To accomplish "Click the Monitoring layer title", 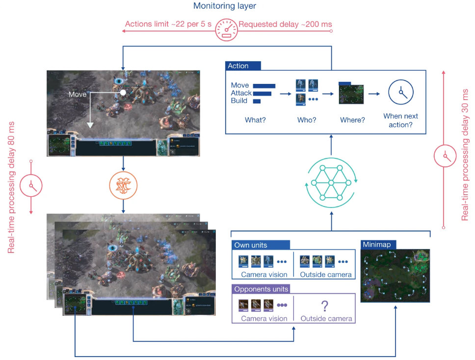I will click(224, 6).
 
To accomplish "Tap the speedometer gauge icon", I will click(226, 29).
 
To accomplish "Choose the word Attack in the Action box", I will click(241, 93).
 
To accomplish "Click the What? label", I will click(255, 120).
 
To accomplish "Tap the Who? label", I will click(307, 120).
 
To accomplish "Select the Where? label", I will click(352, 120).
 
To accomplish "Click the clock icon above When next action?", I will click(401, 92).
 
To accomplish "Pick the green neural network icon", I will click(331, 183).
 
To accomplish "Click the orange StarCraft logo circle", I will click(123, 185).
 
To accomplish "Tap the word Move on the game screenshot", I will click(77, 94).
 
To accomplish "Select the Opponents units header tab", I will click(261, 289).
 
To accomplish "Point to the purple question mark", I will click(324, 307).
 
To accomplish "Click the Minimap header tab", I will click(378, 244).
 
